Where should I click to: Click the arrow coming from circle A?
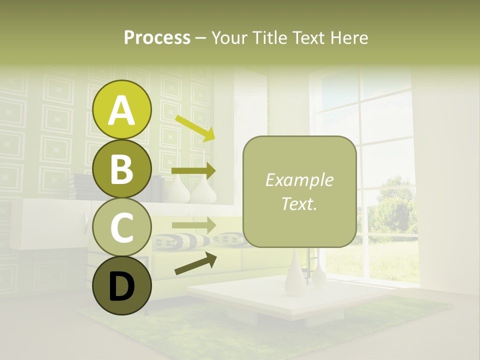(x=195, y=128)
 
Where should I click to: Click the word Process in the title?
(x=157, y=37)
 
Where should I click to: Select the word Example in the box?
(x=299, y=180)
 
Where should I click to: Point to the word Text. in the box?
(x=299, y=203)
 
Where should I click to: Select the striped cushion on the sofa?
(x=175, y=241)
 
